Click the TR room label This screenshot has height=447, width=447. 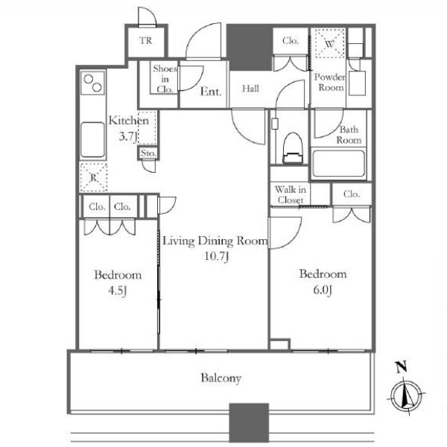(146, 41)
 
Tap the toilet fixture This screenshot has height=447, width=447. (293, 148)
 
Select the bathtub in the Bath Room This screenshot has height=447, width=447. (338, 163)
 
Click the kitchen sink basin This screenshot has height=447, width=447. (92, 140)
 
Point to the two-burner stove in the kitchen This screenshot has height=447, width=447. (92, 83)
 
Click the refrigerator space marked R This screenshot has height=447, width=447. (94, 177)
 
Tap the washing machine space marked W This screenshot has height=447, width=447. (329, 44)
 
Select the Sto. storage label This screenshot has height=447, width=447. (148, 153)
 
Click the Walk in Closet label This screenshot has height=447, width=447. (291, 194)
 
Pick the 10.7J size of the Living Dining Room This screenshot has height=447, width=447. (217, 256)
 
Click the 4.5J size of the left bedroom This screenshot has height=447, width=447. (118, 291)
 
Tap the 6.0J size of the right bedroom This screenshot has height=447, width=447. (323, 290)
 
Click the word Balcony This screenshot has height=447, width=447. (221, 378)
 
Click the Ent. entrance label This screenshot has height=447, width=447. (211, 92)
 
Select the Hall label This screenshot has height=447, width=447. (250, 89)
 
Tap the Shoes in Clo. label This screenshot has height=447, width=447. (165, 79)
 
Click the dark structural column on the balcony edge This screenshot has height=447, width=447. (249, 422)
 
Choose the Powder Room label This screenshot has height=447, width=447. (330, 82)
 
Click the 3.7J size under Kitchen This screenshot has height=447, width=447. (128, 136)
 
